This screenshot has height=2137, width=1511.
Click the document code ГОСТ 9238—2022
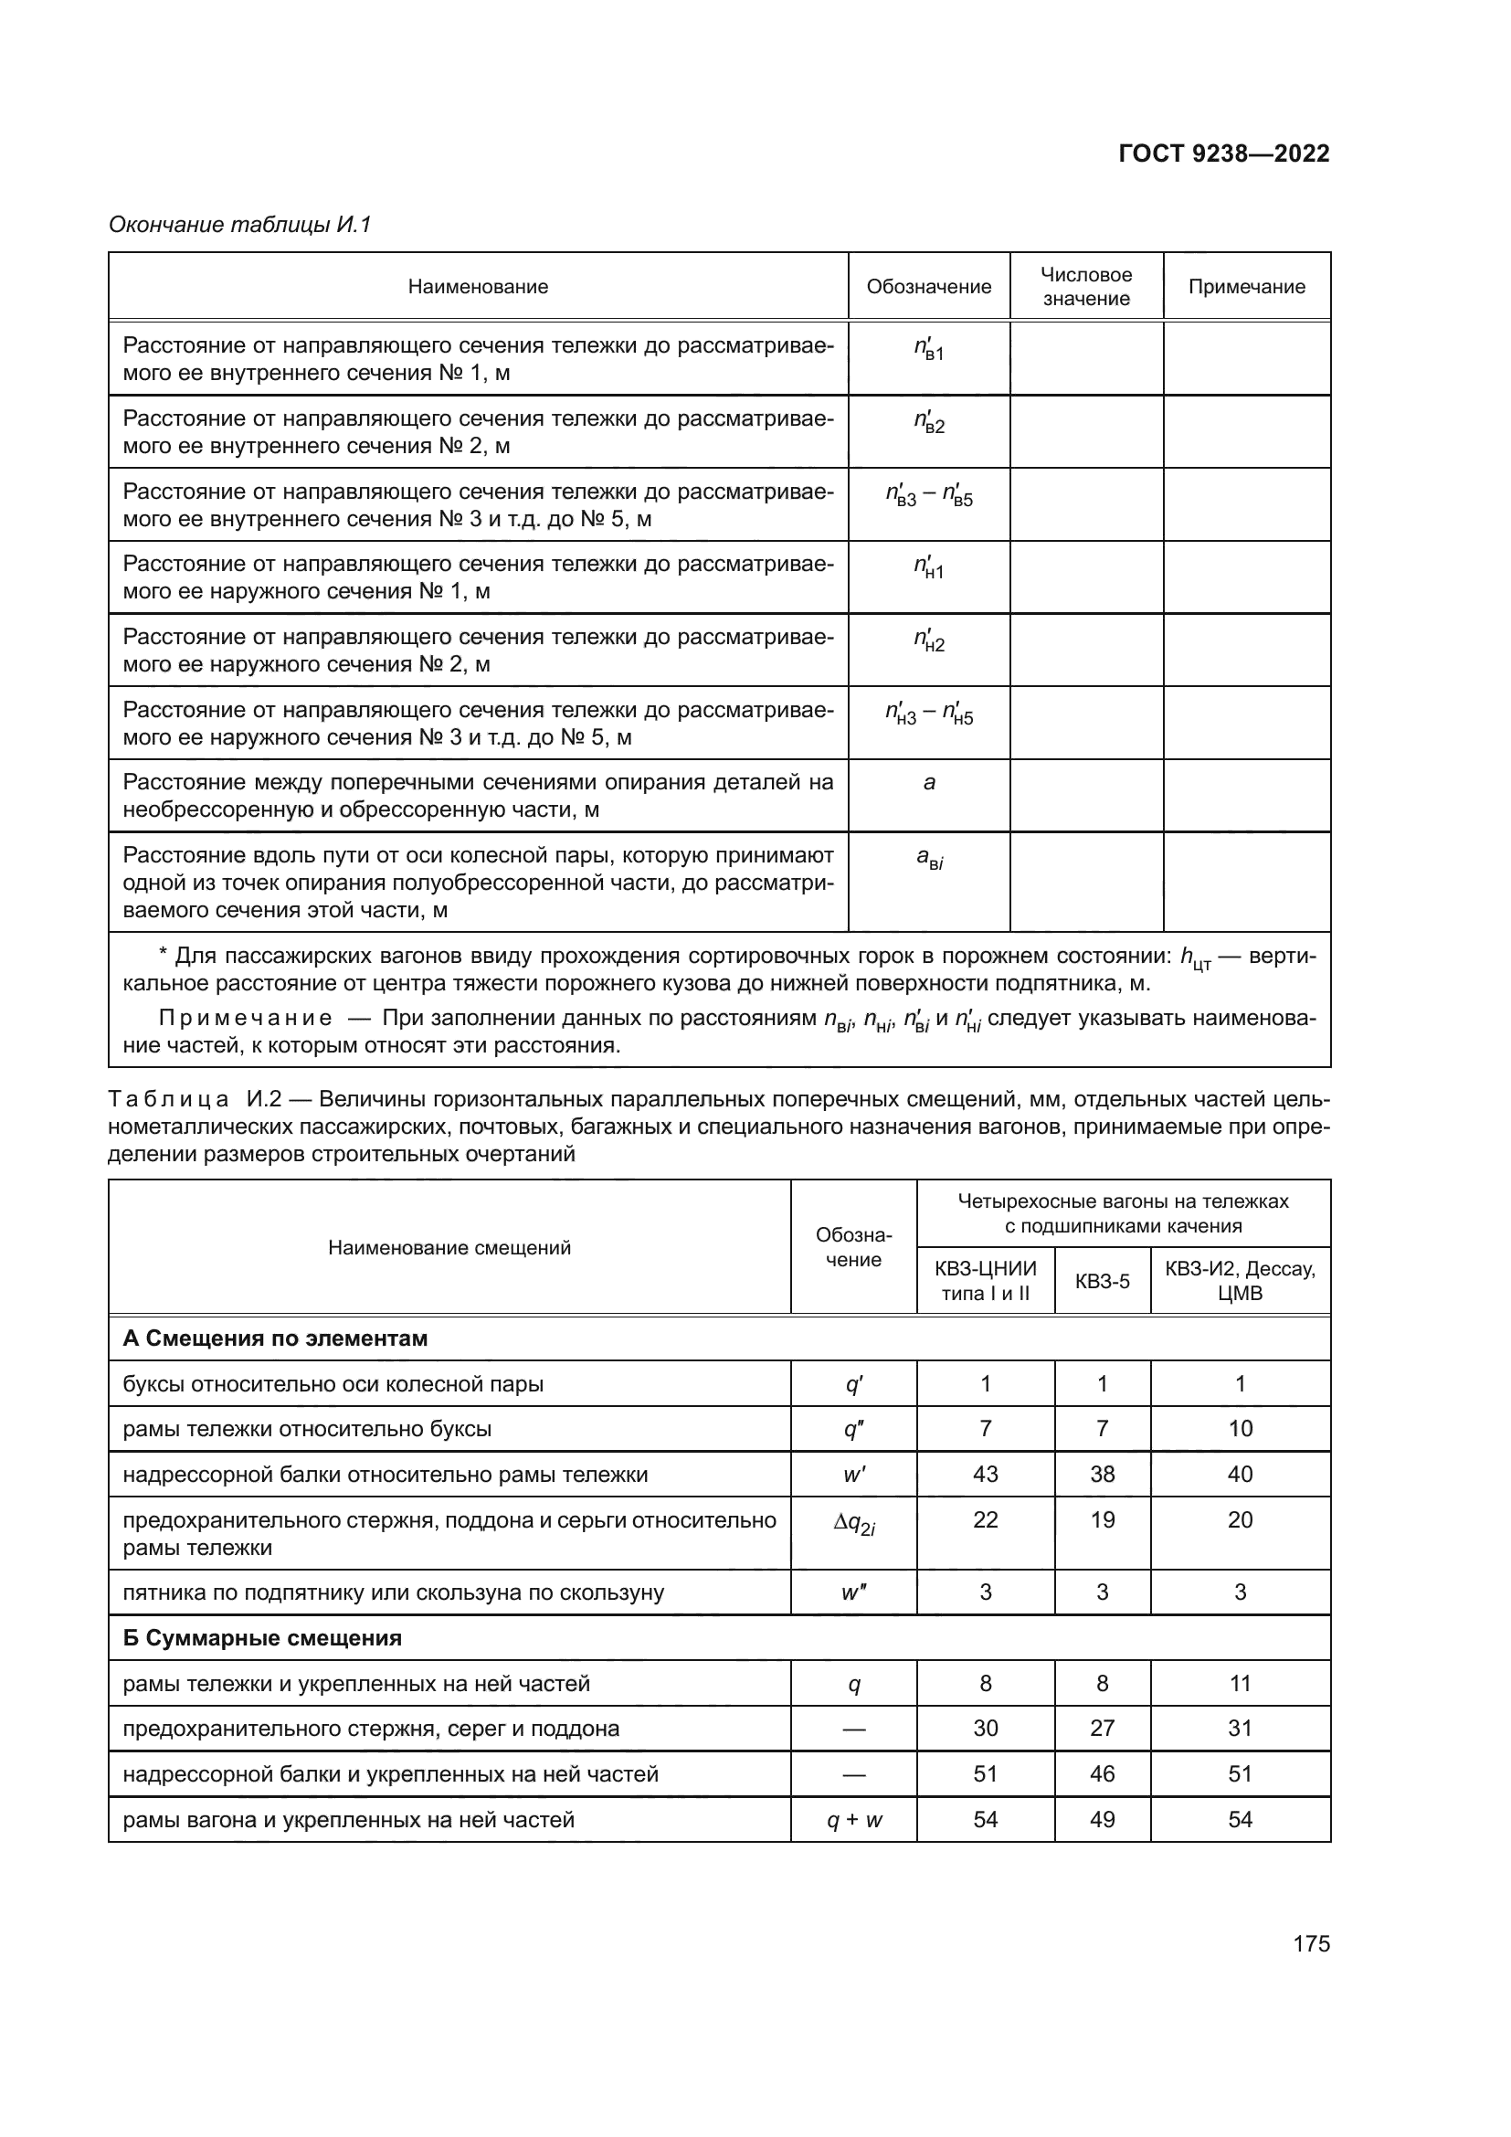[1223, 153]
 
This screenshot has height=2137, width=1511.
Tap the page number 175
[1311, 1943]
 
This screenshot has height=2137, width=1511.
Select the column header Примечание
[1246, 287]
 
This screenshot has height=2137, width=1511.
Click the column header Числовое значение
[1086, 287]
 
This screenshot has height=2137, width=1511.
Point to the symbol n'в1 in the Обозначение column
[928, 350]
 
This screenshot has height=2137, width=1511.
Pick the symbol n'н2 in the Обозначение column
[928, 640]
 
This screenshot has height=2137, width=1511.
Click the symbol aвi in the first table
[928, 859]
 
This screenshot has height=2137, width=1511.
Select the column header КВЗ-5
[1102, 1282]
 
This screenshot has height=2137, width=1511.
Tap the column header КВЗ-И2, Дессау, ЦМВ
[1240, 1282]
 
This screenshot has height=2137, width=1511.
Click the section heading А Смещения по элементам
[275, 1338]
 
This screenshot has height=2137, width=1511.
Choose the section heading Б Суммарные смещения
[262, 1638]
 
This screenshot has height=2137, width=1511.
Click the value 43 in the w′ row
[986, 1475]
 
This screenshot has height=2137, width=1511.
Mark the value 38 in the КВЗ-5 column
[1102, 1475]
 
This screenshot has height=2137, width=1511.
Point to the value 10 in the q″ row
[1240, 1429]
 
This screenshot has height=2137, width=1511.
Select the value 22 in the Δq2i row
[986, 1520]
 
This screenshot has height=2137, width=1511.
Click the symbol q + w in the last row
[853, 1820]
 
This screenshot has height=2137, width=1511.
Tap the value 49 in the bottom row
[1102, 1820]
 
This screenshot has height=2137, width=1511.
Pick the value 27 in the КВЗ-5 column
[1102, 1729]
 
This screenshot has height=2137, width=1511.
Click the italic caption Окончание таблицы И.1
[240, 225]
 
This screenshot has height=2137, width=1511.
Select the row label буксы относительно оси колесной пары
[333, 1384]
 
